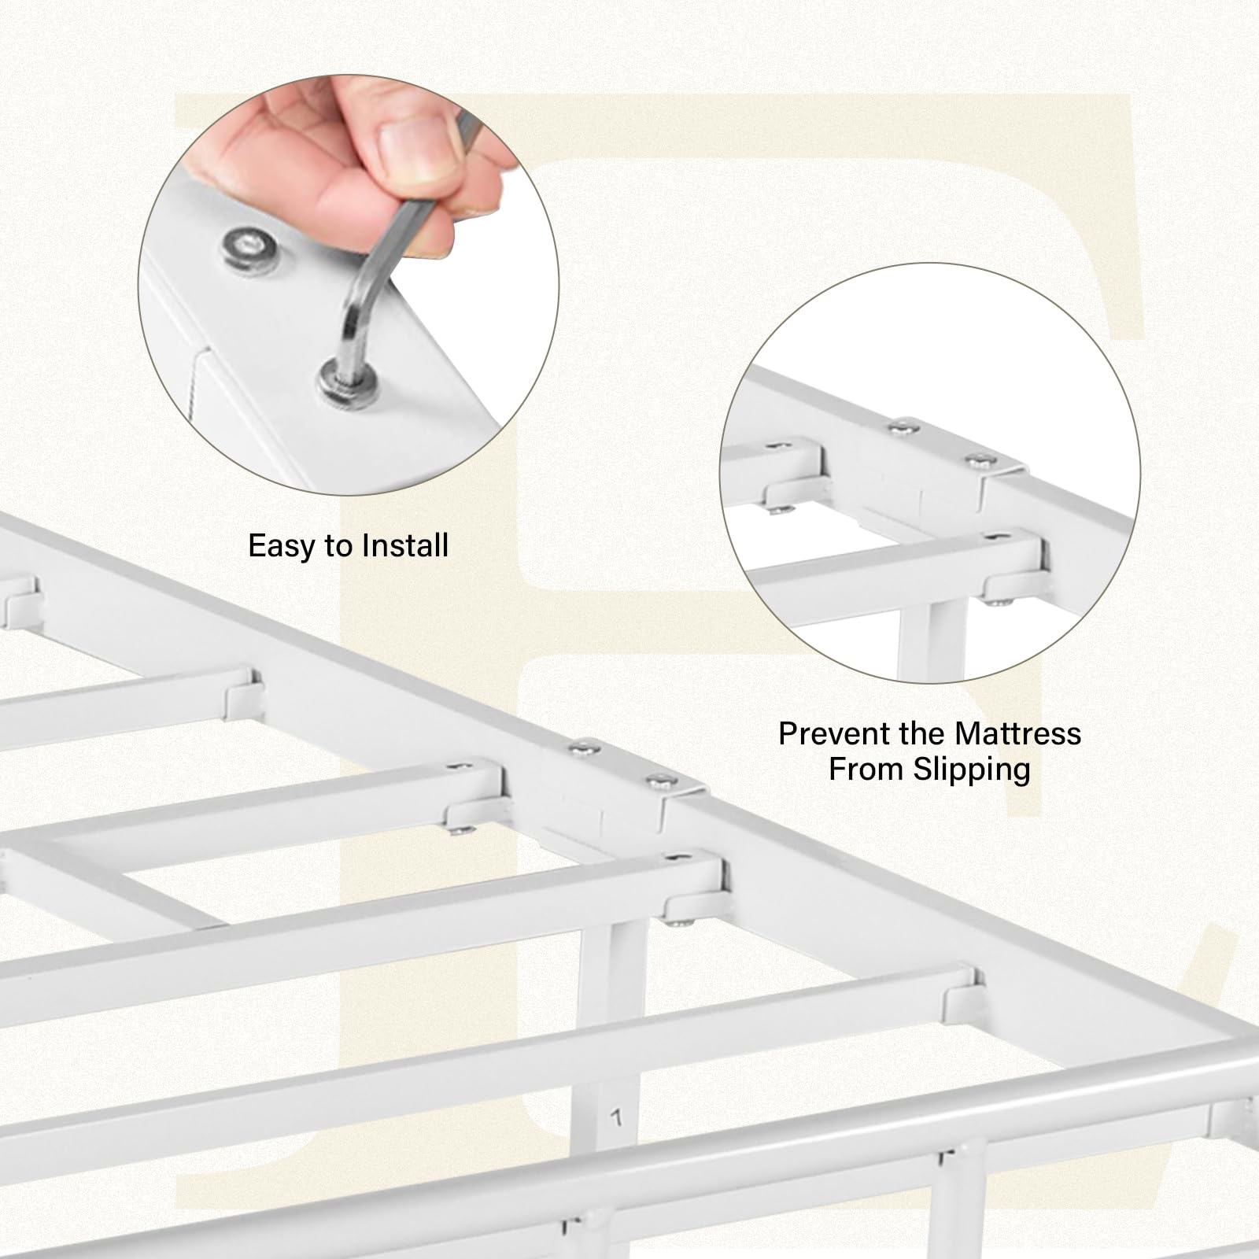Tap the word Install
click(x=406, y=545)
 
